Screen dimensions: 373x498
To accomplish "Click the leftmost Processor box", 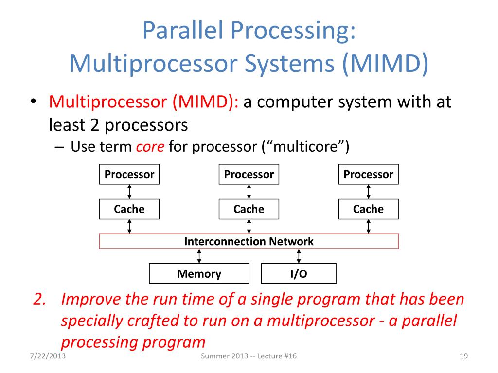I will click(129, 174).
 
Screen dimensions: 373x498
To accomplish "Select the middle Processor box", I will click(249, 174).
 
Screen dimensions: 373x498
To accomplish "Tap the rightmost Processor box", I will click(368, 174).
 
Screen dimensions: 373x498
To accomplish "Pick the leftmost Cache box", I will click(129, 209).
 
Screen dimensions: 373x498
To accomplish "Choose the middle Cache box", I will click(249, 209).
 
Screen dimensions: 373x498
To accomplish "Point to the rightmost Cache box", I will click(368, 209).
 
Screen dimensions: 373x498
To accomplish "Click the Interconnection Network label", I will click(249, 241).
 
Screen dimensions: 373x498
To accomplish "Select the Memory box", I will click(199, 274).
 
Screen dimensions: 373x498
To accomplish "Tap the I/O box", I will click(299, 274).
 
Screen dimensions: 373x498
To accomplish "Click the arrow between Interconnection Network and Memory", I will click(199, 256).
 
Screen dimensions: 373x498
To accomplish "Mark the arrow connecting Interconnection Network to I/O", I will click(299, 256).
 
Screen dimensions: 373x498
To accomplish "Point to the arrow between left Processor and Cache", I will click(129, 191).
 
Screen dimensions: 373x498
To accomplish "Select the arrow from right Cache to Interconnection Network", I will click(368, 226).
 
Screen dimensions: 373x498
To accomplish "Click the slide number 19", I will click(463, 357).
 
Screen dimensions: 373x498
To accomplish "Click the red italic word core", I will click(150, 147).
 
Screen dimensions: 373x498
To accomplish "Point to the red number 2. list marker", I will click(40, 299).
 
